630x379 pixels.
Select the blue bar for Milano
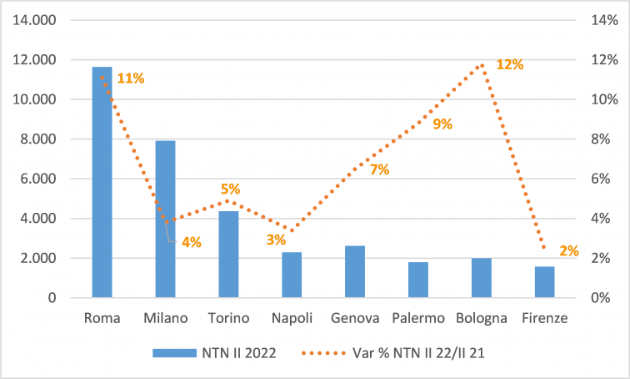(x=165, y=219)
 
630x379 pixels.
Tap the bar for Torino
(x=228, y=254)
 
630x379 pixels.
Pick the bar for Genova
(x=355, y=271)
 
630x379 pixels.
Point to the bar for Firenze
(x=544, y=281)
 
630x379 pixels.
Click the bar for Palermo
(x=418, y=280)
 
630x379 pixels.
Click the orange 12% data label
(x=510, y=64)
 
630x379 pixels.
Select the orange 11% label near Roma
(x=131, y=78)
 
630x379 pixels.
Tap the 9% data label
(x=442, y=124)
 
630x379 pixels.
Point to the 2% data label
(x=569, y=250)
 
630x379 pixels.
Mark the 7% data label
(x=379, y=169)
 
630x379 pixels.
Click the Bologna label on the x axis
(x=482, y=318)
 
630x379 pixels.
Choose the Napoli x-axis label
(x=292, y=318)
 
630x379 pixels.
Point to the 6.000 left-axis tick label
(x=35, y=179)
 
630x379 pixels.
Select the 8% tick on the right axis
(x=604, y=139)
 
